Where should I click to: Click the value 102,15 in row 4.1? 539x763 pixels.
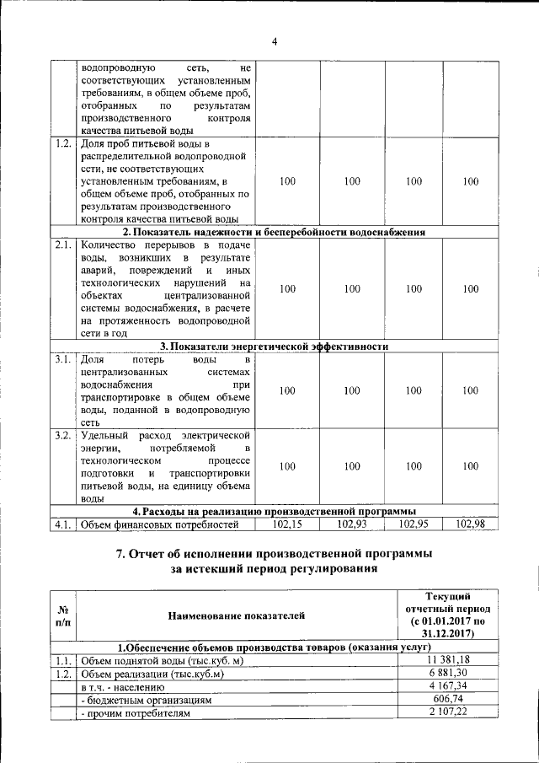[x=287, y=525]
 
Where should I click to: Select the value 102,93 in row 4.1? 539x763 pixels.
[x=352, y=525]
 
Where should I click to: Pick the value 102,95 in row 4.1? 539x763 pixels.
[x=414, y=525]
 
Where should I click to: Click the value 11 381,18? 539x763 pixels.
[x=446, y=660]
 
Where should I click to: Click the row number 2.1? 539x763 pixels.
[x=62, y=244]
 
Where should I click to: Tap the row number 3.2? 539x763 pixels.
[x=62, y=435]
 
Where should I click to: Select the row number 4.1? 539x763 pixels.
[x=62, y=525]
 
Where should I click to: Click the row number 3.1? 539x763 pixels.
[x=62, y=360]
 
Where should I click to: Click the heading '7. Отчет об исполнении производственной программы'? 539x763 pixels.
[x=275, y=554]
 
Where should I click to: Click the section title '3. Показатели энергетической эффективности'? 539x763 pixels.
[x=275, y=347]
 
